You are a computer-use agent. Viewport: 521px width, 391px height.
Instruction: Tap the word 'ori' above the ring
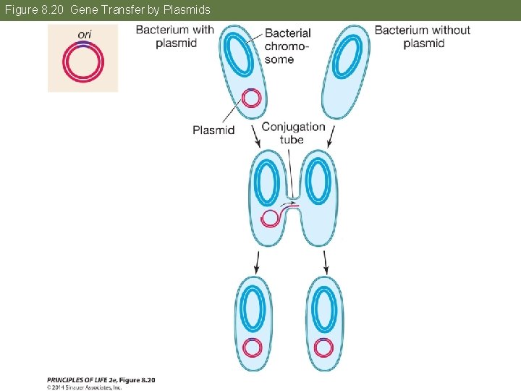coord(84,34)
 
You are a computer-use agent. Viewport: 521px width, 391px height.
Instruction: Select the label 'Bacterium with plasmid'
coord(174,36)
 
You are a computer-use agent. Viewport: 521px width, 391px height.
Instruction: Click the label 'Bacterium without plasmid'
coord(423,36)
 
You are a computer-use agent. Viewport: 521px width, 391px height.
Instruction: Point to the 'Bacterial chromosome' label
coord(287,46)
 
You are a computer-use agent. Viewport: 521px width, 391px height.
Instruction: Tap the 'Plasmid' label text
coord(213,130)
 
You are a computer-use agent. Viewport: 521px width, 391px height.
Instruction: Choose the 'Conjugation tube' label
coord(293,133)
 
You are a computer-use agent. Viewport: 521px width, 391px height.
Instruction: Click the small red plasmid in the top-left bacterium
coord(251,97)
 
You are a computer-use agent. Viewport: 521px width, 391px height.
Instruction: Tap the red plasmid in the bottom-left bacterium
coord(252,348)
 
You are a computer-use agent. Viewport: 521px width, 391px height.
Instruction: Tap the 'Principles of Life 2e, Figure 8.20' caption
coord(101,379)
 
